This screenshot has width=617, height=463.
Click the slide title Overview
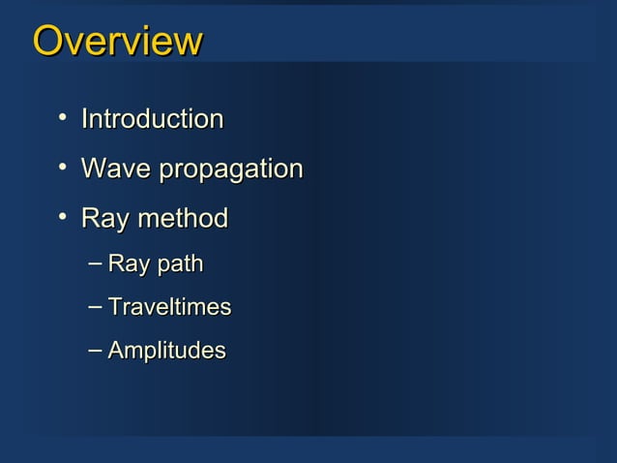[x=117, y=42]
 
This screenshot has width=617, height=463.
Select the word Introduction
[x=152, y=119]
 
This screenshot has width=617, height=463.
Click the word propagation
[x=230, y=170]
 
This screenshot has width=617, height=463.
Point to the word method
[x=182, y=218]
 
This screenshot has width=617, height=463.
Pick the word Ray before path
[x=127, y=264]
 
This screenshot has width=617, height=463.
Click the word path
[x=177, y=264]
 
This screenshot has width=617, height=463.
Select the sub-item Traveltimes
[x=169, y=307]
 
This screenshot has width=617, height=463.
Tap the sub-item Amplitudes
[x=166, y=351]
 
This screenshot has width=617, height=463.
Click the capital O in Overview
[x=47, y=42]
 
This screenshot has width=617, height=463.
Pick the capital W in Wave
[x=95, y=169]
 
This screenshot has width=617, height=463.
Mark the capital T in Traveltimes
[x=115, y=307]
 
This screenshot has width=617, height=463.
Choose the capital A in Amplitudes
[x=116, y=350]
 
